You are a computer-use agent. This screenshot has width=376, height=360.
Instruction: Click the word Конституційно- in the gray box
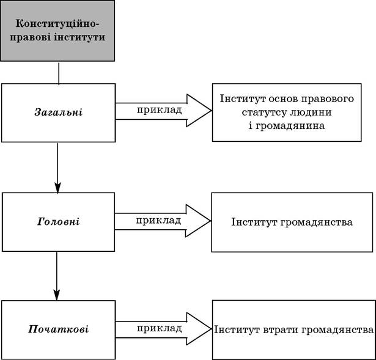click(57, 24)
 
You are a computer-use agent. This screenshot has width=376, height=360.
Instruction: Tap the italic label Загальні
click(59, 112)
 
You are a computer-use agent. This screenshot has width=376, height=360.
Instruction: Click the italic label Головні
click(58, 221)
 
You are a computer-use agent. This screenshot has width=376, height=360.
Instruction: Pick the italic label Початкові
click(58, 329)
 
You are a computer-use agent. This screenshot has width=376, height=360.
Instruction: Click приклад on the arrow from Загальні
click(159, 110)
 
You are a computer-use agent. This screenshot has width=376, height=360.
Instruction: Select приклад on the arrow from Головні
click(158, 220)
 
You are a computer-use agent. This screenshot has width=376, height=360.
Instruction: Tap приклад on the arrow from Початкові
click(159, 328)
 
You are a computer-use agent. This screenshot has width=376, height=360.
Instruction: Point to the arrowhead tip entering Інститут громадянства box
click(210, 221)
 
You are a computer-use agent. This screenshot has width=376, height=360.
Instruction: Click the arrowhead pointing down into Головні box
click(57, 188)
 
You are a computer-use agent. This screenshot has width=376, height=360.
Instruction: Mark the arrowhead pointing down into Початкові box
click(57, 295)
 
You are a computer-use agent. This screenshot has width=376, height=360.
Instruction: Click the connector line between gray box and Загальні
click(59, 73)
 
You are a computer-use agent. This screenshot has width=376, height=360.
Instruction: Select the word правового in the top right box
click(327, 99)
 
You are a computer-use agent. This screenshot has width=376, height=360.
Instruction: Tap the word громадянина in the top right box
click(290, 125)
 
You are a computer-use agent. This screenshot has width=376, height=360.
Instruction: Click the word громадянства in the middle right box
click(316, 222)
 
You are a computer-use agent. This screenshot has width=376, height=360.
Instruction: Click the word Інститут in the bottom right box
click(237, 330)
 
